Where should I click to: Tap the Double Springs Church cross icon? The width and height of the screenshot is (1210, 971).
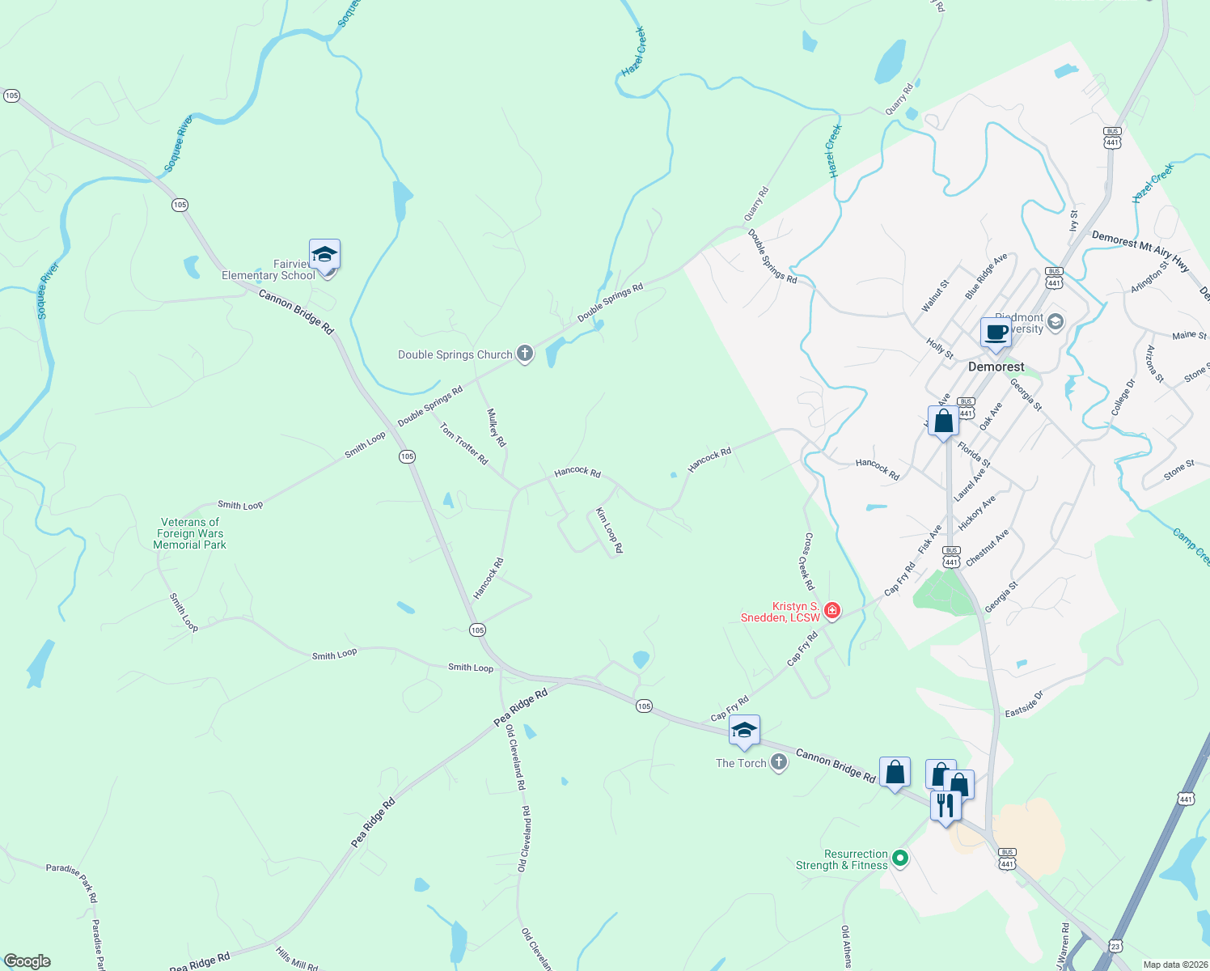[525, 354]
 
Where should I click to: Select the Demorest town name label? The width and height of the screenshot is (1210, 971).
[996, 367]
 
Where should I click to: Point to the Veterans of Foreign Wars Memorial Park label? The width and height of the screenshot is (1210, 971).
[190, 533]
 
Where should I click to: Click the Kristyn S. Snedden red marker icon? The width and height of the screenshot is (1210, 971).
[831, 611]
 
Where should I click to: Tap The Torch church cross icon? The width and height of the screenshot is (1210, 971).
[778, 762]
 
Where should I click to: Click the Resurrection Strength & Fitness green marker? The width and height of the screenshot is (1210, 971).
[900, 859]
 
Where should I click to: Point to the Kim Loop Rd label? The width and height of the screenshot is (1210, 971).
[609, 530]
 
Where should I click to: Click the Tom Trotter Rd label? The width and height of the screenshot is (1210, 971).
[464, 443]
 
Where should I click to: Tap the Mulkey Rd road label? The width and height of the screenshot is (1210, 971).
[496, 427]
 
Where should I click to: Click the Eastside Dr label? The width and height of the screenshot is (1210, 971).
[1024, 704]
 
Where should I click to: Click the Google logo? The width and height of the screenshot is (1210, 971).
[27, 961]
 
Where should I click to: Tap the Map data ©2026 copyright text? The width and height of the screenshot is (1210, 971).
[1173, 965]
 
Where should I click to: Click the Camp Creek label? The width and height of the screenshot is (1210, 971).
[1191, 546]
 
